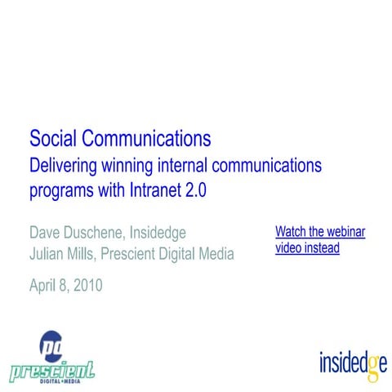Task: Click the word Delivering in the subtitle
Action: [63, 166]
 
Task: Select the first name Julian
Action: [48, 254]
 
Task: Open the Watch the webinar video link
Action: [319, 239]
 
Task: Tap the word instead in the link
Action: [321, 248]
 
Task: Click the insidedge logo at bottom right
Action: [352, 360]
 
